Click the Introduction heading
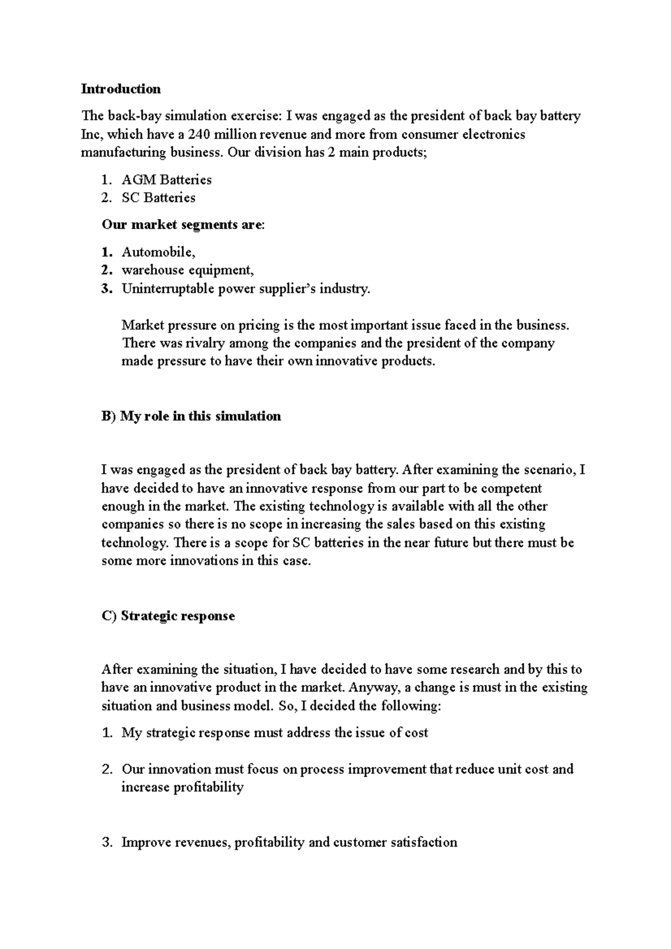point(121,89)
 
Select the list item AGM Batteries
point(167,180)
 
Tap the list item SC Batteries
point(159,198)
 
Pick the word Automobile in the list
point(157,252)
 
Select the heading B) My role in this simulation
point(191,416)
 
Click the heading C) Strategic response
point(168,616)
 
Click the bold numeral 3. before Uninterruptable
point(107,289)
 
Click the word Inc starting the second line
point(90,134)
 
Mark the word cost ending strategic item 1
point(416,733)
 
